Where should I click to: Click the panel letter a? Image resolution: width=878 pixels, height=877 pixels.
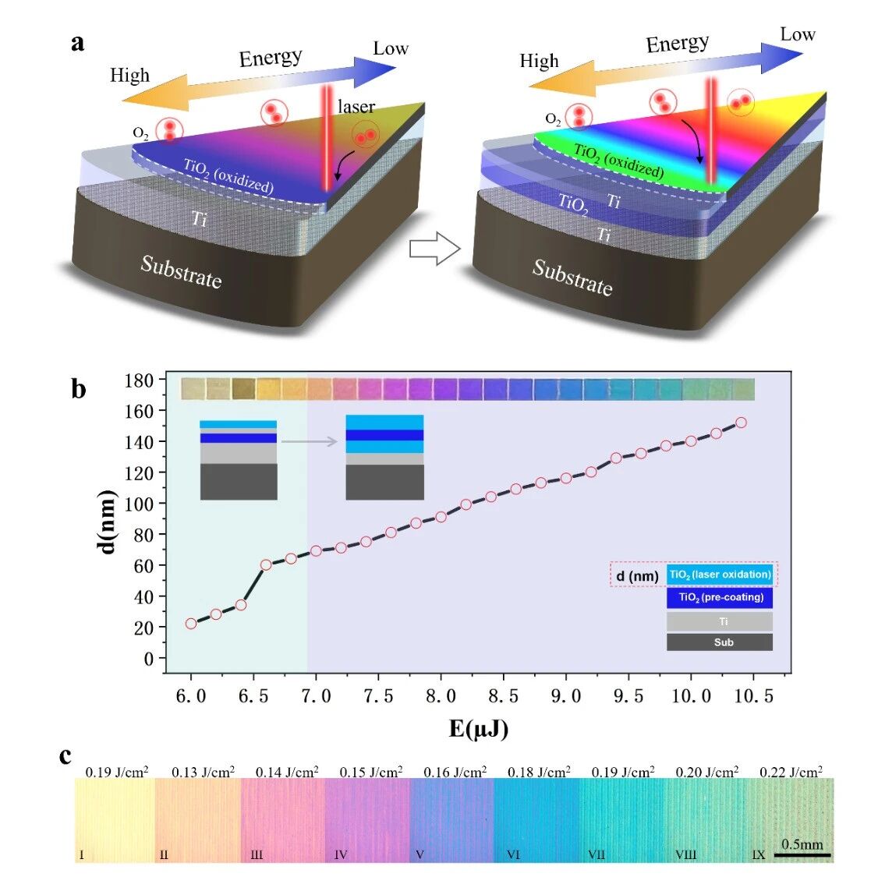coord(78,44)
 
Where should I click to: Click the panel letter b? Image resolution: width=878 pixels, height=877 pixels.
coord(79,388)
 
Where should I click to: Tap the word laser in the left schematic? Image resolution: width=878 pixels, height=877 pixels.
coord(356,106)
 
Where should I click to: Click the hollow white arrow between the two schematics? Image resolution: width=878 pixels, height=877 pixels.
coord(435,249)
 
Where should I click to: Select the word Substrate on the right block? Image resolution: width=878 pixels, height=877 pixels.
coord(572,278)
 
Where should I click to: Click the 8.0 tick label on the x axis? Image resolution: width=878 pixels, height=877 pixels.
coord(441,695)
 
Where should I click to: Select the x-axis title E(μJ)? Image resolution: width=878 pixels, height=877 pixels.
coord(479,729)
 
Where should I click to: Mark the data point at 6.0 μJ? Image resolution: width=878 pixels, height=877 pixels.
coord(191,624)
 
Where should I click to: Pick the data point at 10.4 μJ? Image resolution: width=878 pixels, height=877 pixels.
coord(741,423)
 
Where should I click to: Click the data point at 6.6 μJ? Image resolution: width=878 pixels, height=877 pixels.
coord(266,564)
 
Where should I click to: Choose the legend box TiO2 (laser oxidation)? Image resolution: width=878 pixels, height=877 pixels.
coord(720,575)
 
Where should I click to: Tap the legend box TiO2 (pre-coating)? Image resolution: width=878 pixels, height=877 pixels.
coord(720,597)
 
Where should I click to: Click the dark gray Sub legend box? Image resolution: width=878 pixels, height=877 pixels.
coord(720,642)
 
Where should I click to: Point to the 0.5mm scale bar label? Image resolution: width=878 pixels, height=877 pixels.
coord(802,844)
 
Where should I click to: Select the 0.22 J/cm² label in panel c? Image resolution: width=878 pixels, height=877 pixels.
coord(791,772)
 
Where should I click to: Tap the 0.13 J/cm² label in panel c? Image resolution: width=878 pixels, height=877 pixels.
coord(204,772)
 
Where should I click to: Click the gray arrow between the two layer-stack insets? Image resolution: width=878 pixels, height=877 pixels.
coord(309,441)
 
